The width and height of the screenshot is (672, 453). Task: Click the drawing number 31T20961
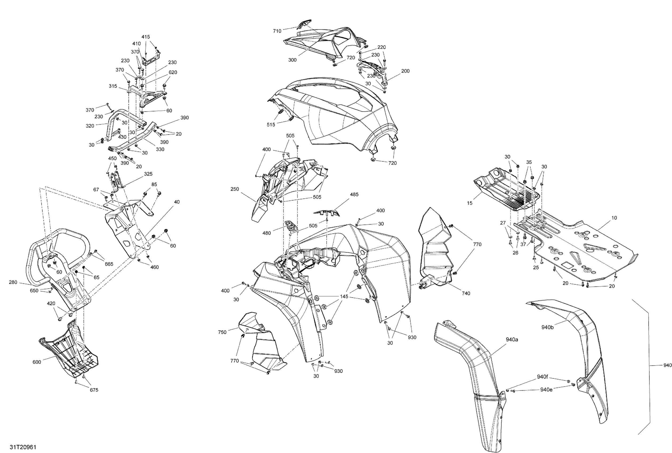pyautogui.click(x=23, y=447)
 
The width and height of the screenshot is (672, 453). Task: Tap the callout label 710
pyautogui.click(x=277, y=31)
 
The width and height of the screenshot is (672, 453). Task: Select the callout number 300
pyautogui.click(x=292, y=60)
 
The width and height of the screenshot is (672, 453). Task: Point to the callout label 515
pyautogui.click(x=271, y=124)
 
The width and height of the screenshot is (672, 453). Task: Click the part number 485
pyautogui.click(x=354, y=195)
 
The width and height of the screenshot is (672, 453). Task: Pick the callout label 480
pyautogui.click(x=266, y=233)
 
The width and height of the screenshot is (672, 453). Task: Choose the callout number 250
pyautogui.click(x=235, y=189)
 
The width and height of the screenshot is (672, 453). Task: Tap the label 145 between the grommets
pyautogui.click(x=344, y=297)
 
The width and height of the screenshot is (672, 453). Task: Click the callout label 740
pyautogui.click(x=466, y=293)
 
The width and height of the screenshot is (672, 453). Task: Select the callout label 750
pyautogui.click(x=222, y=332)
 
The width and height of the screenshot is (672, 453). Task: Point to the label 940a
pyautogui.click(x=512, y=339)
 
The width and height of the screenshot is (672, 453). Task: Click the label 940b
pyautogui.click(x=548, y=327)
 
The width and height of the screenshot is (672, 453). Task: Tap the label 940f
pyautogui.click(x=543, y=377)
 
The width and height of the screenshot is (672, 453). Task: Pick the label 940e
pyautogui.click(x=546, y=390)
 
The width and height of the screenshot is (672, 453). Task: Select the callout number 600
pyautogui.click(x=37, y=362)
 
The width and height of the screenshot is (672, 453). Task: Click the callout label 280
pyautogui.click(x=13, y=282)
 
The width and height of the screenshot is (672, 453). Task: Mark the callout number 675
pyautogui.click(x=94, y=390)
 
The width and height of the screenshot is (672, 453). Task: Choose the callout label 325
pyautogui.click(x=148, y=174)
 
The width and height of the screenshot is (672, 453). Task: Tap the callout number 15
pyautogui.click(x=470, y=203)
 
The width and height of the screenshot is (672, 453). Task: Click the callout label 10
pyautogui.click(x=614, y=218)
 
